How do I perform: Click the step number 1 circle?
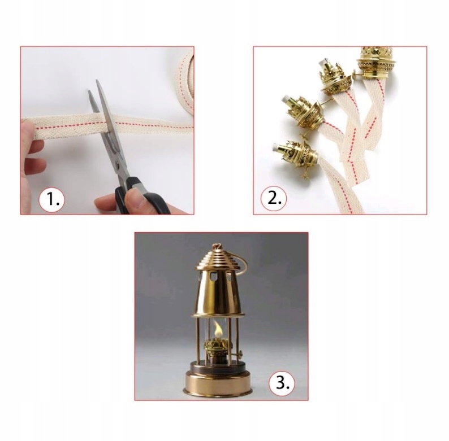click(x=52, y=199)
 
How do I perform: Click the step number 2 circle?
click(x=273, y=198)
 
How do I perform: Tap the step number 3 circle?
click(x=282, y=382)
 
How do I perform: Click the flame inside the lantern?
click(x=218, y=329)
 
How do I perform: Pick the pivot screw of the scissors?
click(x=118, y=163)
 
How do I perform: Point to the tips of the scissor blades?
click(x=94, y=86)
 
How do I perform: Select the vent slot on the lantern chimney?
click(x=212, y=277)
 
